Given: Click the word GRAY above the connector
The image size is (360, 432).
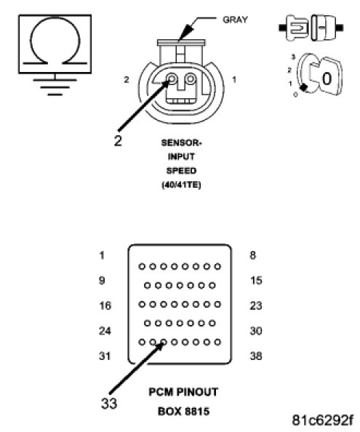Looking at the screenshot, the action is [235, 20].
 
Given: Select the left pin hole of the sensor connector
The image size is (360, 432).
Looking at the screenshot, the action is [172, 79].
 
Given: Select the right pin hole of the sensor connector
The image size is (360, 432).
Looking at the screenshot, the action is [191, 79].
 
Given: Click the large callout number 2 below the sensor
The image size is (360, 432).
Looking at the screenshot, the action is [118, 141].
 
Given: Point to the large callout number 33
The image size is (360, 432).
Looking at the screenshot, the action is [109, 404].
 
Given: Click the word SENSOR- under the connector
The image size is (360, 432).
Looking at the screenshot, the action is [182, 143].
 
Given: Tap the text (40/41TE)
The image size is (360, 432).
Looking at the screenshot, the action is [181, 185].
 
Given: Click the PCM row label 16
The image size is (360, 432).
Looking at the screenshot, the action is [105, 305].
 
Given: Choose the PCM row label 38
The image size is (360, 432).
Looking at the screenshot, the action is [256, 356].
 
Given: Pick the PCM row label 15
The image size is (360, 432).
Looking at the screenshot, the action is [256, 281].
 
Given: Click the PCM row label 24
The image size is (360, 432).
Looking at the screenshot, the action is [105, 331].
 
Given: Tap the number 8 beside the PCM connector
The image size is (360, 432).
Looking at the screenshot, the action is [253, 255].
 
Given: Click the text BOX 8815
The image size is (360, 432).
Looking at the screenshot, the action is [184, 412].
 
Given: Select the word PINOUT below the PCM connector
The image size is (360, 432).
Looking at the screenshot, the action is [197, 392].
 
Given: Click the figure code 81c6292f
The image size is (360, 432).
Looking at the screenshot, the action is [322, 420].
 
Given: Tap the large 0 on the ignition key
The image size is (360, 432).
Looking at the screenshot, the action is [327, 79].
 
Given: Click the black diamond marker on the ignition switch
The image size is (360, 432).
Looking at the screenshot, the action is [303, 87].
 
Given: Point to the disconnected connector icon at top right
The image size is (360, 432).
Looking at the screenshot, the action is [311, 28].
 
